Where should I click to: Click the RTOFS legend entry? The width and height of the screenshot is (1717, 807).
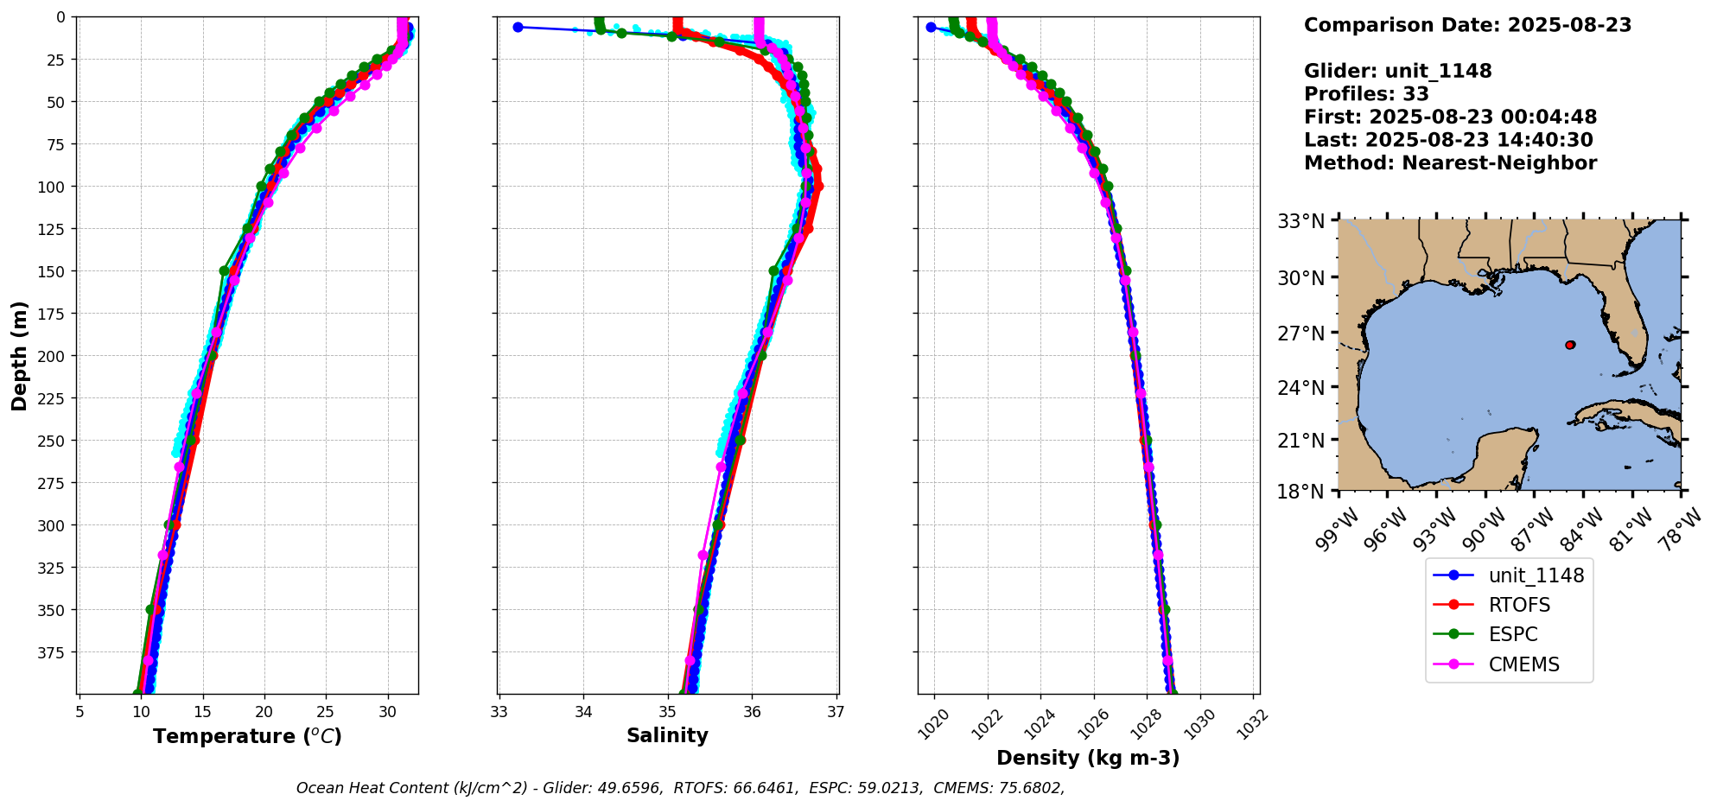click(1519, 606)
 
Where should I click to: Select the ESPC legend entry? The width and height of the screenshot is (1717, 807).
click(1513, 635)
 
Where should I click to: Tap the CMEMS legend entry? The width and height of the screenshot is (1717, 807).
click(1523, 665)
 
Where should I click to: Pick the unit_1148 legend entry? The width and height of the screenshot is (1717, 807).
click(1536, 576)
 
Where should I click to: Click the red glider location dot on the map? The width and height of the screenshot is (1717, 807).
click(1570, 345)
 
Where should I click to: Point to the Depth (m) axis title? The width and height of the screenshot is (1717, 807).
click(20, 356)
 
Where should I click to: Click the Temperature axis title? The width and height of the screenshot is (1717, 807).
click(247, 737)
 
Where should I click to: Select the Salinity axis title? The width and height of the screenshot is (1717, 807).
click(667, 736)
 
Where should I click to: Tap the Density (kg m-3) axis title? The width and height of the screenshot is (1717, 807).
click(1088, 759)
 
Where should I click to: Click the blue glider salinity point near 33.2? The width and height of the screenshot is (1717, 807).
click(518, 28)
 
